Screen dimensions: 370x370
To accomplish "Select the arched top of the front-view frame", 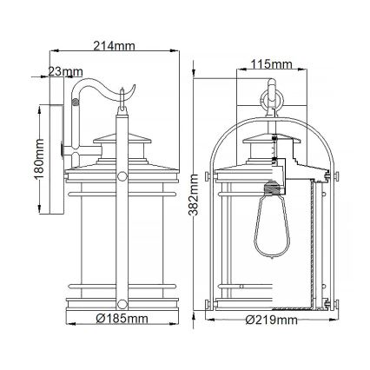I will (x=270, y=116).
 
